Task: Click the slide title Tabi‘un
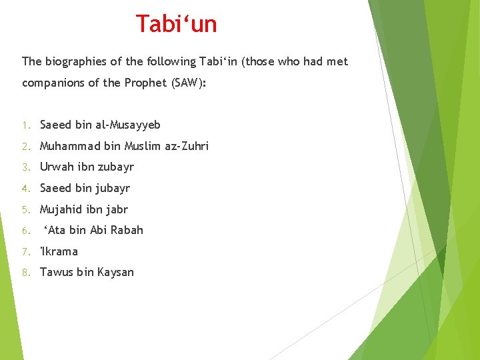point(177,24)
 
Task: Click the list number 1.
point(25,125)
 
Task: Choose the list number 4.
point(25,189)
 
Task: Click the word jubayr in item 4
point(112,188)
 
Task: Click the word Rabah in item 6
point(127,230)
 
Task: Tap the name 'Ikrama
point(59,251)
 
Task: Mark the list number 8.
point(25,273)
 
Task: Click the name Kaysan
point(115,272)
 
